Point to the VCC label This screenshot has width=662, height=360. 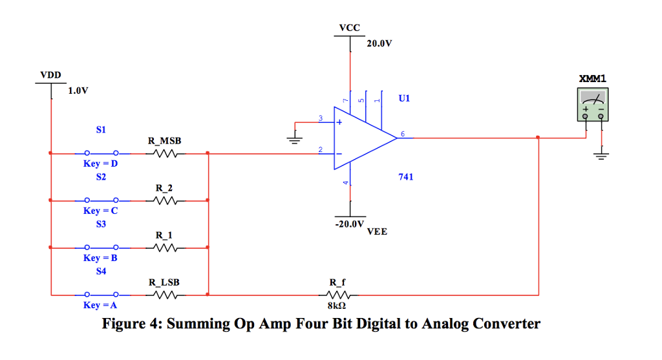pyautogui.click(x=350, y=28)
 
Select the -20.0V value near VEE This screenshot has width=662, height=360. pyautogui.click(x=350, y=224)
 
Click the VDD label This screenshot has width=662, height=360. pyautogui.click(x=50, y=75)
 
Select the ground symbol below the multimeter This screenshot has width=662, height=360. pyautogui.click(x=602, y=155)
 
